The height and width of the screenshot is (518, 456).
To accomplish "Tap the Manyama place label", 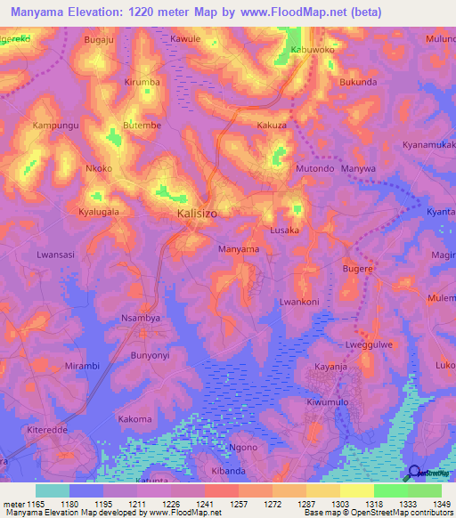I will (x=239, y=249).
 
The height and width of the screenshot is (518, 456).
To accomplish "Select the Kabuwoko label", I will (x=312, y=51).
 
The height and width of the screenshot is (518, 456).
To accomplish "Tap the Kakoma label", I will (x=134, y=418).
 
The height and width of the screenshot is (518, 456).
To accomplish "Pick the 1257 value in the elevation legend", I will (x=221, y=504).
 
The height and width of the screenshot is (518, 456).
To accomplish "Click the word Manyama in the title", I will (x=45, y=12).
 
